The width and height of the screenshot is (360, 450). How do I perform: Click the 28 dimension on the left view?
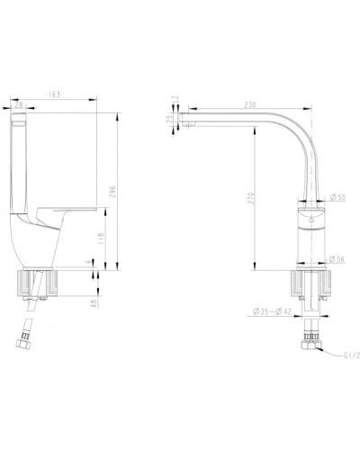click(21, 105)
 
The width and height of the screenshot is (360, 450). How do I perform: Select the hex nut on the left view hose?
click(26, 340)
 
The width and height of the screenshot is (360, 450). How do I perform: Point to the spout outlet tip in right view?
click(187, 120)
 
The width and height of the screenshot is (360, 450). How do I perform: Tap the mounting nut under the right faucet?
click(310, 287)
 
